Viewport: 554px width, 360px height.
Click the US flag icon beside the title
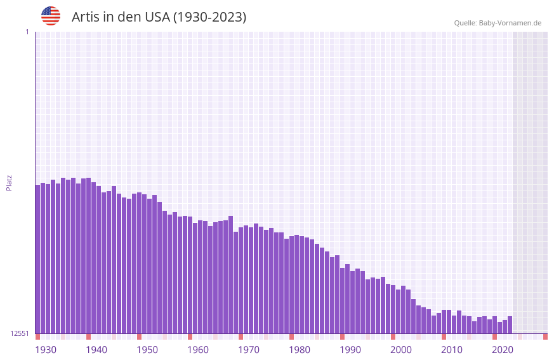coord(51,16)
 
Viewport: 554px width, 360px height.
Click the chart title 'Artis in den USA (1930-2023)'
coord(159,17)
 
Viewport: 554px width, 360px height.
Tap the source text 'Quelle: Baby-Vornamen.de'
coord(498,23)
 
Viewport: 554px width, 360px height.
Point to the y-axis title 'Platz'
coord(9,182)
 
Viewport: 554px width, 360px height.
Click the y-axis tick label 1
coord(27,32)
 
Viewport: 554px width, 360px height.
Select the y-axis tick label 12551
coord(20,333)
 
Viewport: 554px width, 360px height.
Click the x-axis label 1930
coord(46,350)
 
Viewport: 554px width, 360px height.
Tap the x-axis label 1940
coord(96,350)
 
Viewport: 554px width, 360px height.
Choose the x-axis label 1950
coord(147,350)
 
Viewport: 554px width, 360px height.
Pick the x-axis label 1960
coord(198,350)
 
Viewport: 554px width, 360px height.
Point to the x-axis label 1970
coord(249,350)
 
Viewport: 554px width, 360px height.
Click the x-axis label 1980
coord(300,350)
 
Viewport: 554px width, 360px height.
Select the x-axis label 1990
coord(350,350)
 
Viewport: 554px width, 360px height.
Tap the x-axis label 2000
coord(401,350)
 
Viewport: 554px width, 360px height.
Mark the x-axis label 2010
coord(452,350)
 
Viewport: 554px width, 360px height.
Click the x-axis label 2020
coord(503,350)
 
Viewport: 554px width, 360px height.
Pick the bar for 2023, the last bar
coord(510,325)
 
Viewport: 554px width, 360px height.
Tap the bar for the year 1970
coord(241,280)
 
